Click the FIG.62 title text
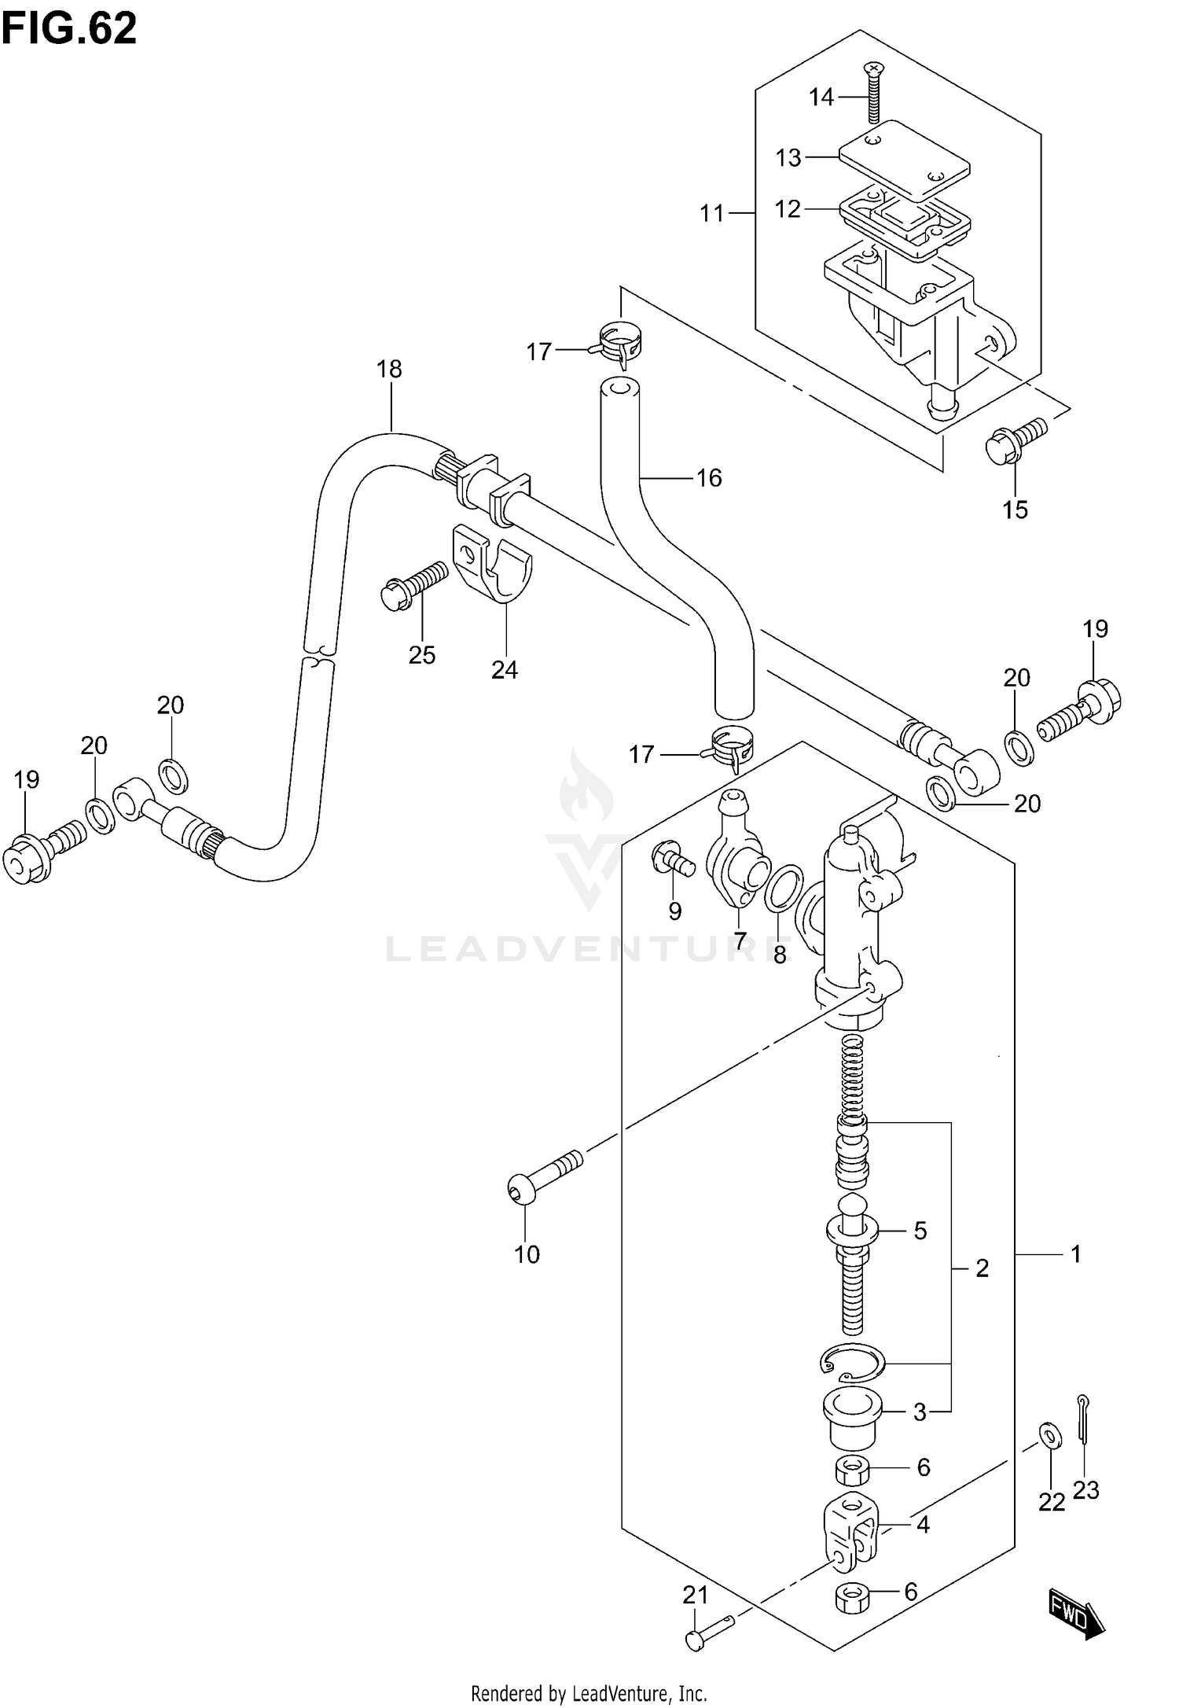(x=69, y=30)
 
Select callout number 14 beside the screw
(x=821, y=98)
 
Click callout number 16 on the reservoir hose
(x=709, y=477)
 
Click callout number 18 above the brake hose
(x=389, y=369)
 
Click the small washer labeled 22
(x=1048, y=1434)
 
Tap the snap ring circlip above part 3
(x=854, y=1363)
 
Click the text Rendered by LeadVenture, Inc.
(x=589, y=1693)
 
